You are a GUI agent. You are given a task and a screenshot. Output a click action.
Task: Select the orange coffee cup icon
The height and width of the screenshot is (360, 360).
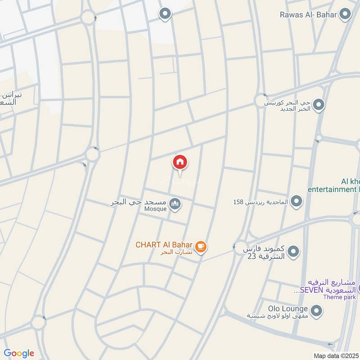(x=201, y=246)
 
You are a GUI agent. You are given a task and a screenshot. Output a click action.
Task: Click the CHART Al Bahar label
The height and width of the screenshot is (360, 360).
(x=165, y=245)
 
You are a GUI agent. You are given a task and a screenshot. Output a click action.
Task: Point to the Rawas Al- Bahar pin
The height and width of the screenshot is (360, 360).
(x=345, y=15)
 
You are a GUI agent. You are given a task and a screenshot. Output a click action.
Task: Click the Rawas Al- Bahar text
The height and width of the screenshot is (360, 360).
(x=308, y=15)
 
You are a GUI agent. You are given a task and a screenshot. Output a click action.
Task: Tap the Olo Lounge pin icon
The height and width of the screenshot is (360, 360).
(x=317, y=310)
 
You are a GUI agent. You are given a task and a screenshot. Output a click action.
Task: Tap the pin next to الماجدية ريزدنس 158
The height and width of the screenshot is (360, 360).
(x=296, y=202)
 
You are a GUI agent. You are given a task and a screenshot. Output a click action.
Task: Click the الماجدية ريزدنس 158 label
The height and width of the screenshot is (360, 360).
(x=261, y=202)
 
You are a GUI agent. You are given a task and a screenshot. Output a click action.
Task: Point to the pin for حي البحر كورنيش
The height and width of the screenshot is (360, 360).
(x=319, y=106)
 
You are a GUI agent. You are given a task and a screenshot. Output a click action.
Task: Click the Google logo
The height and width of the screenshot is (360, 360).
(x=19, y=353)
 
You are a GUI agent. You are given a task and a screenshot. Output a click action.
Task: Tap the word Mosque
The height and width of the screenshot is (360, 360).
(x=156, y=209)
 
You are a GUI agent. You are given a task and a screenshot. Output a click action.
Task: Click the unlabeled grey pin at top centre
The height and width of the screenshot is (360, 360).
(x=166, y=14)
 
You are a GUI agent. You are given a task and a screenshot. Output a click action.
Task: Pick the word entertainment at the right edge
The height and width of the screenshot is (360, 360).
(x=331, y=189)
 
